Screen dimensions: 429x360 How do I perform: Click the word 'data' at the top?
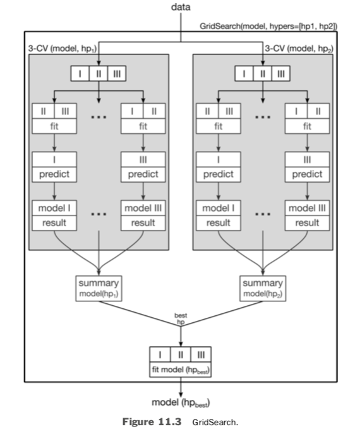point(180,7)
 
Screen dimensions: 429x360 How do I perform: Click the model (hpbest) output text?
point(181,402)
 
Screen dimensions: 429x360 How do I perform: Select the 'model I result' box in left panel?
point(53,215)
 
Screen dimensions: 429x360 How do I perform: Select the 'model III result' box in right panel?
point(307,215)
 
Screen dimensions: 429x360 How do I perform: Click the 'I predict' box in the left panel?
point(53,166)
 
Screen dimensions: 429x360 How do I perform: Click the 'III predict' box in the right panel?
point(307,166)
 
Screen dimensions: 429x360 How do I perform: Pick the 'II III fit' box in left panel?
point(53,118)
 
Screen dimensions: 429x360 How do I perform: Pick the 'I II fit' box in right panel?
point(307,118)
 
